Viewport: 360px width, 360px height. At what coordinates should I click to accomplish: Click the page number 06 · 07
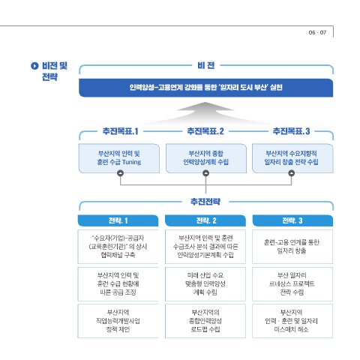point(317,32)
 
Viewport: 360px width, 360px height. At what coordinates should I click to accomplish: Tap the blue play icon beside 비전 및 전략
point(34,66)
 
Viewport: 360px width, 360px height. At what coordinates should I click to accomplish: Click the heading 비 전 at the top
point(206,65)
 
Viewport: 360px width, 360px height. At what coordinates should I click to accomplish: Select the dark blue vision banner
point(205,88)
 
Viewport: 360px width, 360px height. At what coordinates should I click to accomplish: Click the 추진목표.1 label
point(120,131)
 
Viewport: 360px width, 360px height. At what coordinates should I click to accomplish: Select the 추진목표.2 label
point(205,131)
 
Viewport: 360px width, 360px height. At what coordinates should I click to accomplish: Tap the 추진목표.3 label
point(291,131)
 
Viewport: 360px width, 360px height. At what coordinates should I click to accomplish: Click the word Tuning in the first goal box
point(131,162)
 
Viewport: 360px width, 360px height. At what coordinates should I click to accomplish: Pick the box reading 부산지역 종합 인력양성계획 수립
point(206,158)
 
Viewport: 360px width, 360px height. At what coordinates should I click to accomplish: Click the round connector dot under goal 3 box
point(292,173)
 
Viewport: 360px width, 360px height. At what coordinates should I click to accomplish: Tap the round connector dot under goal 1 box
point(121,173)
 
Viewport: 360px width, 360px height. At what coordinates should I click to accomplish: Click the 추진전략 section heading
point(205,202)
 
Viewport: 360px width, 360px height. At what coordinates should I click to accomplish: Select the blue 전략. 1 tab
point(118,220)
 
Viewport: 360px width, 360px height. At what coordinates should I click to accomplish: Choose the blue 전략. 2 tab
point(205,220)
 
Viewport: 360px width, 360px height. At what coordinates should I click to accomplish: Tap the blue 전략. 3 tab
point(292,220)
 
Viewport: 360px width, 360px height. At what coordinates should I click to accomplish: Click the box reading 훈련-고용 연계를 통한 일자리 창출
point(292,247)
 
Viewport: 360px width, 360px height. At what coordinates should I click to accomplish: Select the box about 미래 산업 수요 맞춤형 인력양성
point(205,284)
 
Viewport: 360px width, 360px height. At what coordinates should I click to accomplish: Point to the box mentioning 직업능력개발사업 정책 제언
point(118,321)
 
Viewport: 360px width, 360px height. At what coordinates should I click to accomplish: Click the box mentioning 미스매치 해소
point(292,321)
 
